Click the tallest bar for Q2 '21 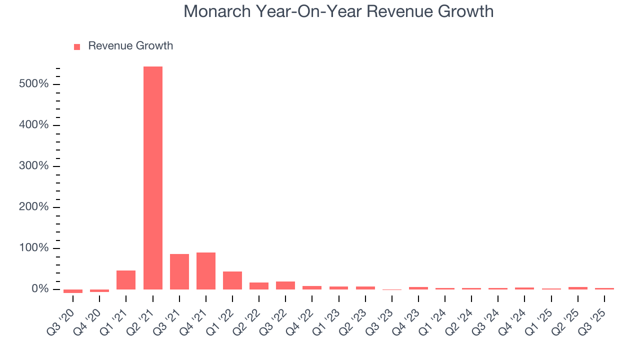pyautogui.click(x=152, y=177)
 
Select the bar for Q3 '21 pyautogui.click(x=179, y=271)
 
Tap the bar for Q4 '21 pyautogui.click(x=206, y=270)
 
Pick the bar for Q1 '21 pyautogui.click(x=126, y=279)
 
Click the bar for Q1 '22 pyautogui.click(x=232, y=280)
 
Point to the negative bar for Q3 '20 pyautogui.click(x=73, y=291)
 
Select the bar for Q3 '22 pyautogui.click(x=285, y=285)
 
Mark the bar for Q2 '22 pyautogui.click(x=259, y=285)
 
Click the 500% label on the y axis pyautogui.click(x=33, y=84)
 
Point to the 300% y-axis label pyautogui.click(x=33, y=166)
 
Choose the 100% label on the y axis pyautogui.click(x=33, y=248)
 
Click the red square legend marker pyautogui.click(x=77, y=46)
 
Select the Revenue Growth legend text pyautogui.click(x=130, y=46)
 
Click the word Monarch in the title pyautogui.click(x=217, y=11)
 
